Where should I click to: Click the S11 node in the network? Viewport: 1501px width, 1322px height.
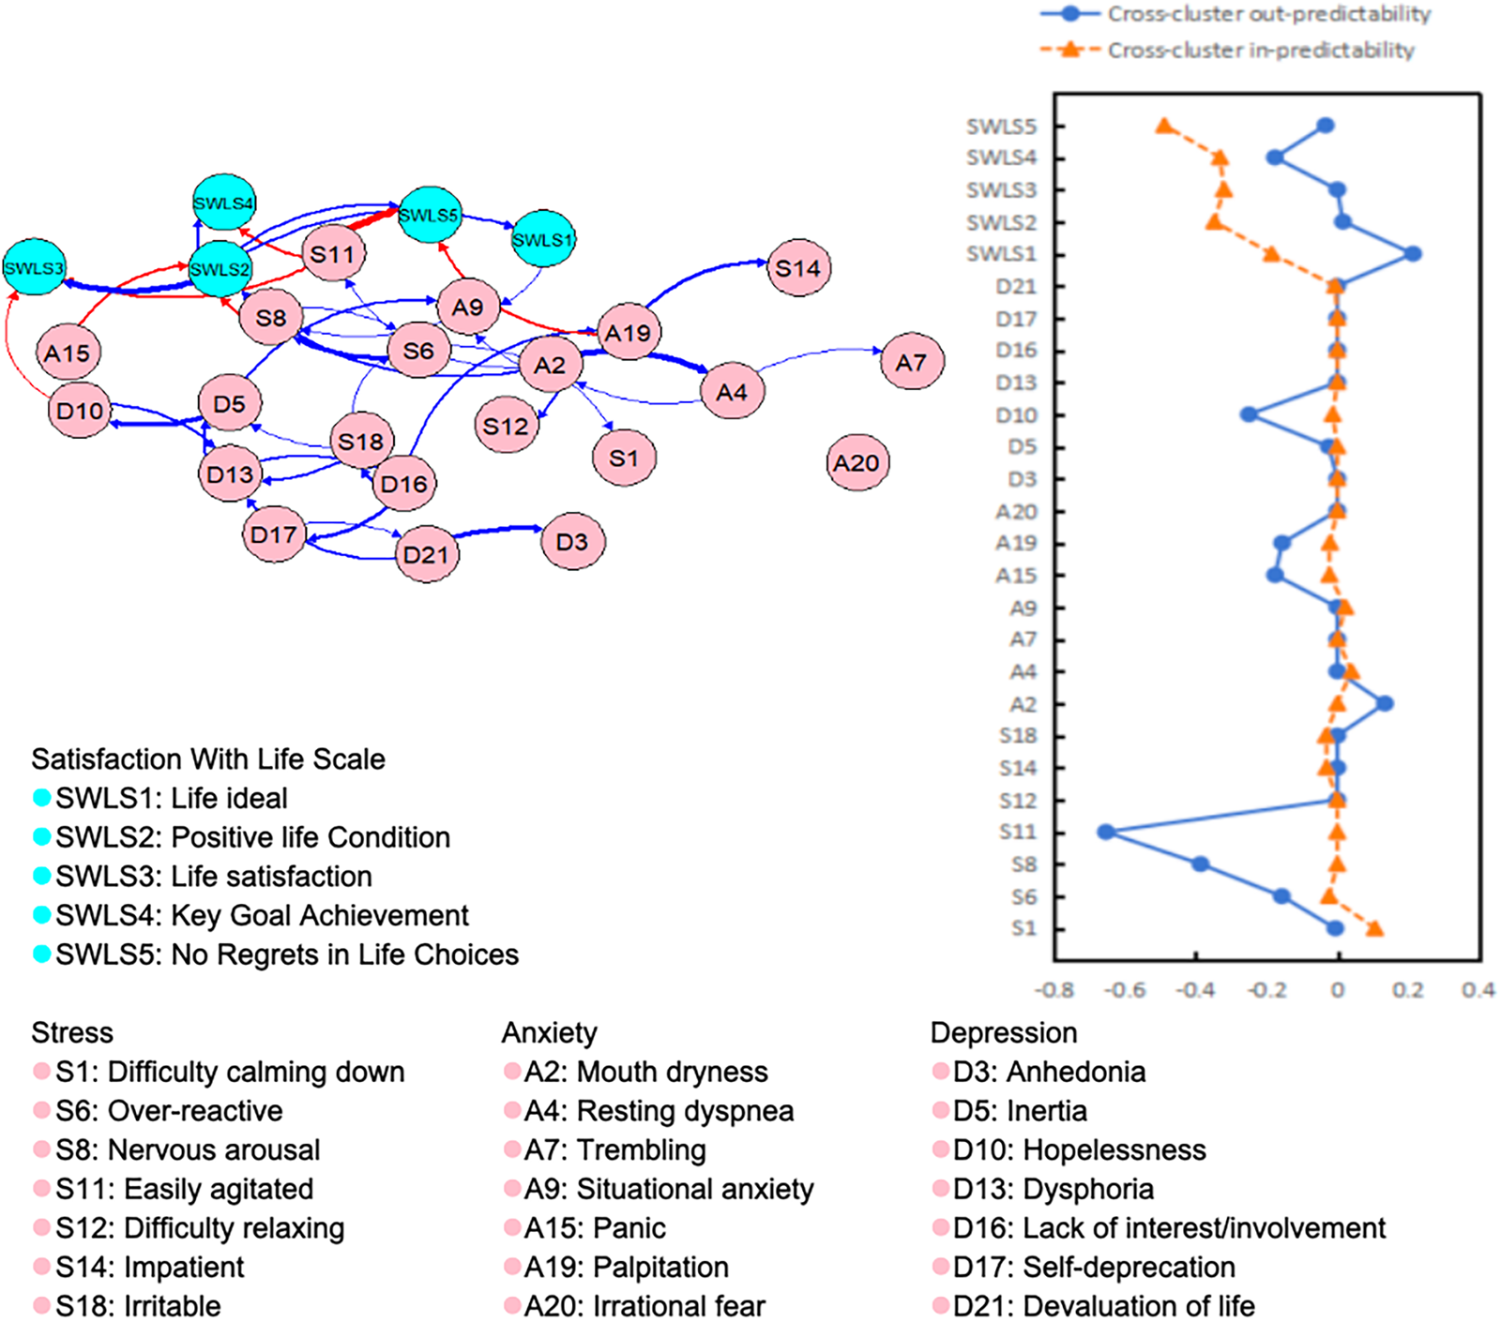[333, 254]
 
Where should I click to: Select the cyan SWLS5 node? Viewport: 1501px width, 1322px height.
[430, 215]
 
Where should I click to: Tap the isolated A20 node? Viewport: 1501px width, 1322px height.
[857, 462]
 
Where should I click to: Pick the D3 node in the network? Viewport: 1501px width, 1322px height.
[572, 542]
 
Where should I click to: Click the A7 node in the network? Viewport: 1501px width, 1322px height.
[911, 362]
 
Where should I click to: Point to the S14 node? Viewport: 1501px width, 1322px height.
[797, 268]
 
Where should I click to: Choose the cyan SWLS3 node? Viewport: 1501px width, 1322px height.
[34, 268]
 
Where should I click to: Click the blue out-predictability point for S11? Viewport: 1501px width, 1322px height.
[1106, 832]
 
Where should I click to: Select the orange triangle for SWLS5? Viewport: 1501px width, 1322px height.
[1164, 126]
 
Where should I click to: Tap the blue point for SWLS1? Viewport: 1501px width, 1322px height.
[1413, 254]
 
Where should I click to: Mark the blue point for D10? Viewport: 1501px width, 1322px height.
[1248, 414]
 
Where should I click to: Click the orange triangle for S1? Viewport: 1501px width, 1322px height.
[1374, 928]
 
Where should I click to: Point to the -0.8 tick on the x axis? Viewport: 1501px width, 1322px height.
[1054, 990]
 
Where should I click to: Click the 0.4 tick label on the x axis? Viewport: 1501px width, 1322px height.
[1478, 990]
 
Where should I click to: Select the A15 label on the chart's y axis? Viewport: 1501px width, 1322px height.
[1016, 576]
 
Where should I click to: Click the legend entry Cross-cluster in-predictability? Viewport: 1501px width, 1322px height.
[1260, 50]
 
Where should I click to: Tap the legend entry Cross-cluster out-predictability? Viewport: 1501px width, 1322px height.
[1268, 14]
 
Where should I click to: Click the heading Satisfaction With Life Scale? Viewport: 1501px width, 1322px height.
[208, 759]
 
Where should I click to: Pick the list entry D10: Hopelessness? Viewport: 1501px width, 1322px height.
[1079, 1149]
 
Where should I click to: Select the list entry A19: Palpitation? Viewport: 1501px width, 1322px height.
[626, 1267]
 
